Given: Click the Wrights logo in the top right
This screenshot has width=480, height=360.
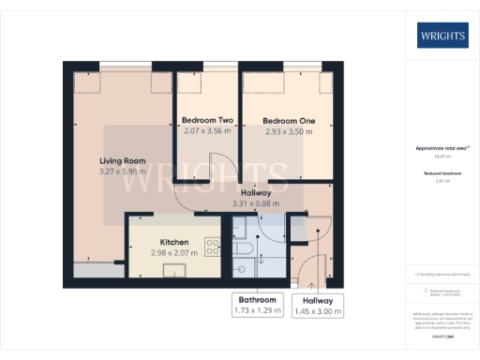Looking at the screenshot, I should click(442, 37).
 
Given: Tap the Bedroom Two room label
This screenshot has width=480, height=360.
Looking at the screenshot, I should click(207, 121).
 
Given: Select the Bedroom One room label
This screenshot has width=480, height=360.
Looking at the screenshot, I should click(289, 121).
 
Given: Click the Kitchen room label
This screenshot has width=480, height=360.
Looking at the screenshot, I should click(175, 242).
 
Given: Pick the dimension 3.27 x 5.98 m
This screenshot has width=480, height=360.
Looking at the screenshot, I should click(123, 171).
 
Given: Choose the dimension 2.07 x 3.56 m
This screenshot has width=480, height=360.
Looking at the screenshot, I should click(207, 131).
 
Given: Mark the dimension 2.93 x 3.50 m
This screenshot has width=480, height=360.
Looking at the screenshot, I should click(289, 131).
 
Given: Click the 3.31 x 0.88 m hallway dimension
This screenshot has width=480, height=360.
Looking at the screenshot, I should click(257, 202).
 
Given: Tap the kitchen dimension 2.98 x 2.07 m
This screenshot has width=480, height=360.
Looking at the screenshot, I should click(175, 252).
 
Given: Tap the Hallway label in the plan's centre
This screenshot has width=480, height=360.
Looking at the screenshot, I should click(257, 192).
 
